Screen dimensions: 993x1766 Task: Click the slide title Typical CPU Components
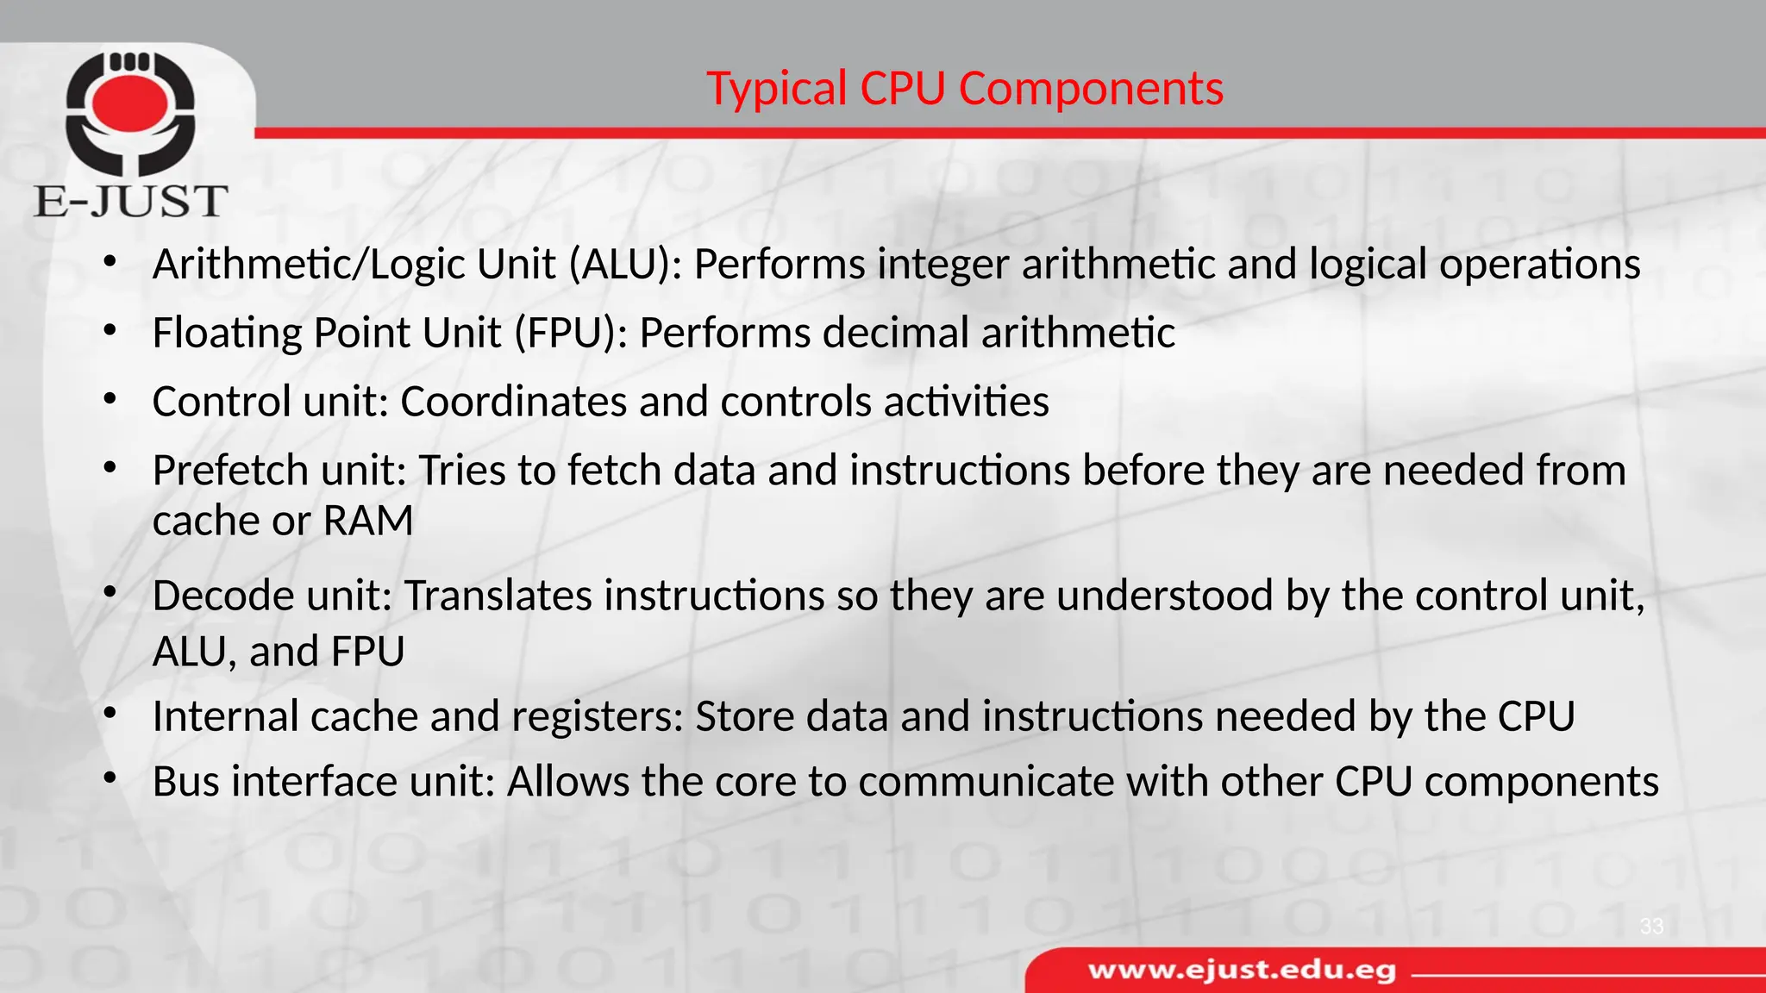pyautogui.click(x=964, y=89)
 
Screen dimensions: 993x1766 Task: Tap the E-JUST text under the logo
pyautogui.click(x=130, y=202)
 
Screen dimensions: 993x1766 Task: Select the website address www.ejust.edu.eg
pyautogui.click(x=1242, y=971)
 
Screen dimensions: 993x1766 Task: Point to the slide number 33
pyautogui.click(x=1651, y=927)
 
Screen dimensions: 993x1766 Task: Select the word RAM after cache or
pyautogui.click(x=368, y=521)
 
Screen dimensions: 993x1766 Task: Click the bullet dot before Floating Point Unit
pyautogui.click(x=109, y=330)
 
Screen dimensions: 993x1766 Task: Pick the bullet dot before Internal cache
pyautogui.click(x=109, y=714)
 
